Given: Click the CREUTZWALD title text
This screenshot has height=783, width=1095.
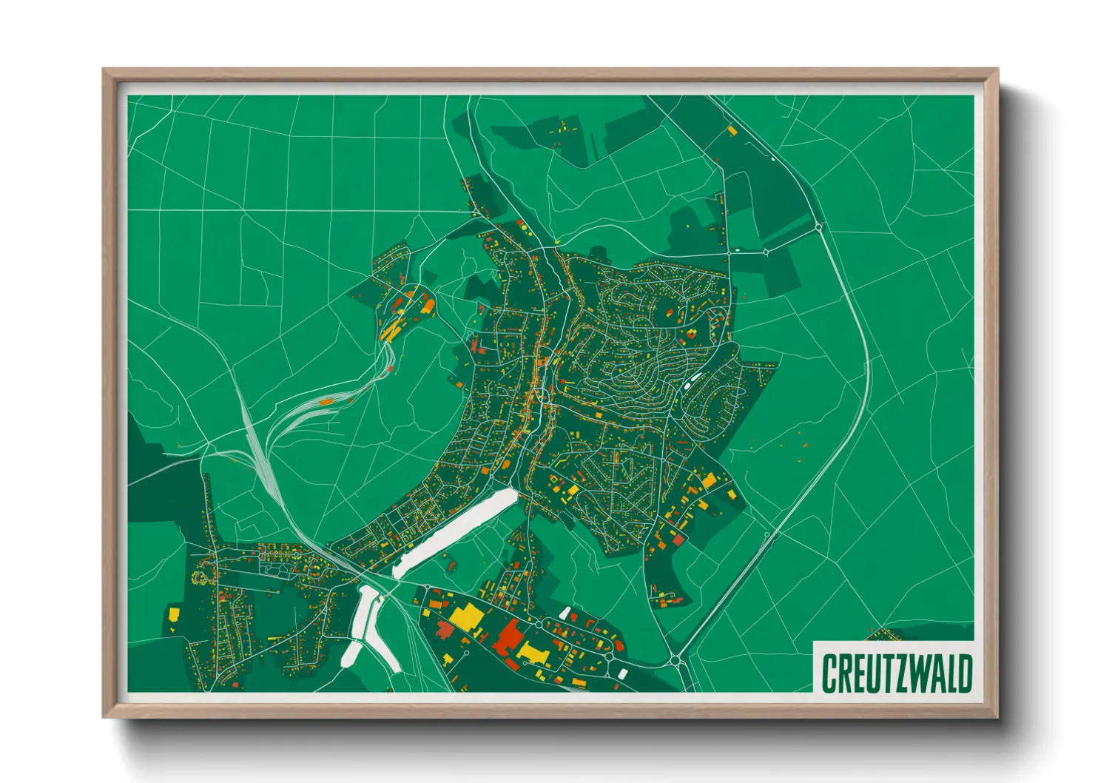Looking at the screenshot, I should coord(896,673).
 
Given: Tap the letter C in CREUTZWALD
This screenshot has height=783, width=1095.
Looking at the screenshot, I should coord(829,673).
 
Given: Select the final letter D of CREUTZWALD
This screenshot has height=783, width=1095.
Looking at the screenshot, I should coord(963,673).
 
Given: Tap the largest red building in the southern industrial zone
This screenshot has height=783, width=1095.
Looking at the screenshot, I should coord(508,637).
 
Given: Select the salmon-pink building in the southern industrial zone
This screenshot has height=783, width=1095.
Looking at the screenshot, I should coord(445,630).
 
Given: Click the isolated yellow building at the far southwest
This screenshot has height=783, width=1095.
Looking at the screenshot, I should coord(174,614).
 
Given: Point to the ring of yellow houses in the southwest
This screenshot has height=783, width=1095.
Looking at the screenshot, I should coord(201,575).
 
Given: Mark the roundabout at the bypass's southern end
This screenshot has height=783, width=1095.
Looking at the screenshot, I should coord(675,659).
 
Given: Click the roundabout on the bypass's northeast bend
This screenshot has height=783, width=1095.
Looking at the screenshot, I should coord(818,226).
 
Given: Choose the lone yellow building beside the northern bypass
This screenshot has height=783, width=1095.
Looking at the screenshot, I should coord(732,131).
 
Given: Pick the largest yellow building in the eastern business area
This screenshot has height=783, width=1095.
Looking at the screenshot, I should coord(709,480).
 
